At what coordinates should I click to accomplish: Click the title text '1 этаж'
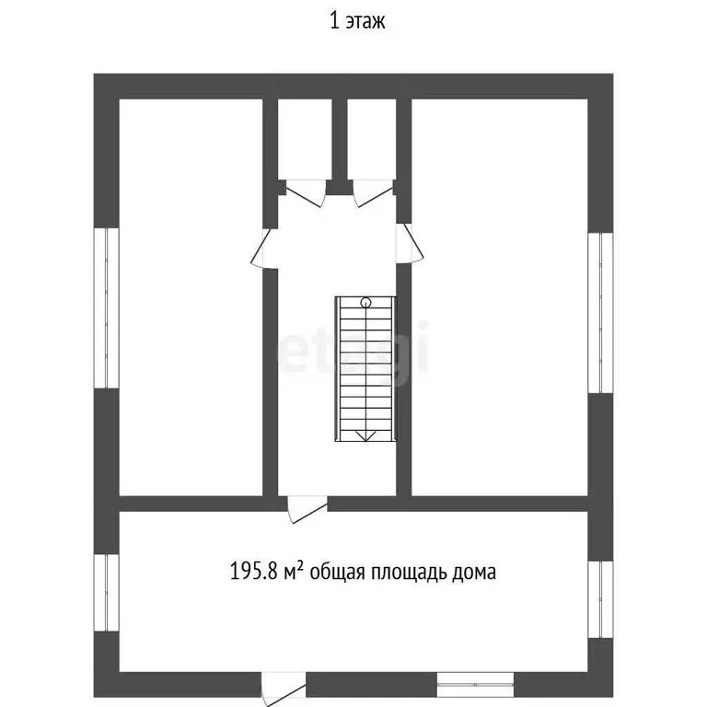click(x=357, y=21)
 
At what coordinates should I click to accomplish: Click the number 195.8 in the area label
click(x=254, y=572)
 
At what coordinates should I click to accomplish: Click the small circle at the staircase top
click(x=365, y=302)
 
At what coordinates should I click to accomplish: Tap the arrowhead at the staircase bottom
click(x=365, y=435)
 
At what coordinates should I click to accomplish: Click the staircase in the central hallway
click(x=365, y=369)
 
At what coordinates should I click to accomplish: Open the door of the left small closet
click(x=306, y=193)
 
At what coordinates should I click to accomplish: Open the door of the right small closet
click(x=373, y=193)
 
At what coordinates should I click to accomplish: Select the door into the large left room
click(x=264, y=248)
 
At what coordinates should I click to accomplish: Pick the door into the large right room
click(x=410, y=243)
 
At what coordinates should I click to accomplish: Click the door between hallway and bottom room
click(x=307, y=509)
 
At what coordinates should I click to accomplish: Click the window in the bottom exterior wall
click(x=475, y=685)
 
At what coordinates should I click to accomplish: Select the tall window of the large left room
click(x=107, y=308)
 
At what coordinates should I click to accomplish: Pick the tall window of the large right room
click(x=600, y=313)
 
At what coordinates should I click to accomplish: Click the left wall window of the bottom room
click(x=107, y=593)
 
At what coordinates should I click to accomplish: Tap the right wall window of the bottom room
click(x=600, y=599)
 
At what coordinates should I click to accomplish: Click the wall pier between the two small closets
click(x=340, y=146)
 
